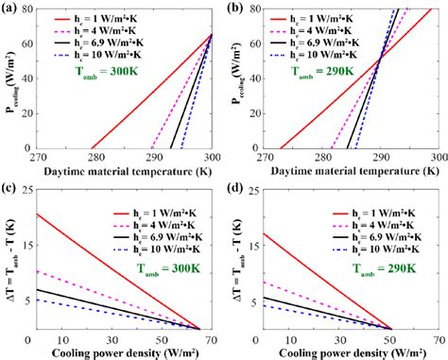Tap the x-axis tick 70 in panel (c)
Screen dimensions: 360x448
pyautogui.click(x=213, y=337)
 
